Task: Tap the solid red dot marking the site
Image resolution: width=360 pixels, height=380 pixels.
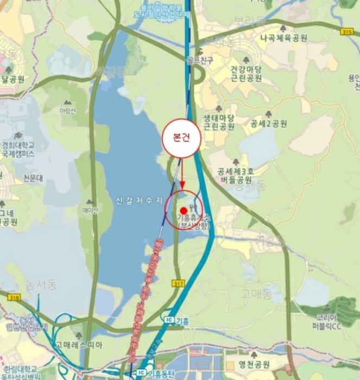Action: coord(184,210)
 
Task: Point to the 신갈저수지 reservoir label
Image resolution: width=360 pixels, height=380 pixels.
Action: coord(139,200)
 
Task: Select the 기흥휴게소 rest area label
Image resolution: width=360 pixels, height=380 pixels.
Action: coord(193,221)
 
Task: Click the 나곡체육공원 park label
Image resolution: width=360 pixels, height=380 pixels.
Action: coord(283,39)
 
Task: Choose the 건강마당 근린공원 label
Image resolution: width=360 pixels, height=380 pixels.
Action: coord(246,74)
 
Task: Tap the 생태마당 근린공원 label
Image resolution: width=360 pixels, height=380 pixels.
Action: coord(219,122)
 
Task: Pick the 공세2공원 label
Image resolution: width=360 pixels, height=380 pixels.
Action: coord(268,124)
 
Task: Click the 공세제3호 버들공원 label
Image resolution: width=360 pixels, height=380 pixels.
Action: coord(236,175)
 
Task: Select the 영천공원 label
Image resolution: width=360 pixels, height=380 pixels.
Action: coord(254,365)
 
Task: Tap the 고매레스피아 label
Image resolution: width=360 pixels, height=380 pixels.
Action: coord(78,344)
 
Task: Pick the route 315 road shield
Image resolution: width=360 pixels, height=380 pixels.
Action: coord(347,32)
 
